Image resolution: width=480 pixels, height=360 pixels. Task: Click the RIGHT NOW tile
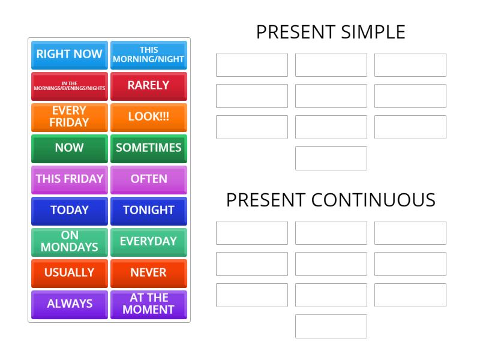coord(70,55)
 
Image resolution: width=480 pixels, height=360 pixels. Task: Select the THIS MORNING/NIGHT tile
coord(149,55)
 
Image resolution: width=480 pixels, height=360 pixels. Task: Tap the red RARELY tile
coord(149,86)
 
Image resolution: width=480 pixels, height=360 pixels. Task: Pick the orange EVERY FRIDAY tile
coord(70,117)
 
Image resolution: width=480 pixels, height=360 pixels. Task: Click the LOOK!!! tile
coord(149,117)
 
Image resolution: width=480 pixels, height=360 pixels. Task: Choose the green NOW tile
coord(70,148)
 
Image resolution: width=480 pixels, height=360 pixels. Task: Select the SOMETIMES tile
coord(149,148)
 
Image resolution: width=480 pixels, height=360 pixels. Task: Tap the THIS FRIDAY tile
coord(70,179)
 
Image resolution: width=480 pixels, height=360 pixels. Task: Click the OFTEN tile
coord(149,179)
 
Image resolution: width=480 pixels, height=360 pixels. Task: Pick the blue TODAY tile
coord(70,211)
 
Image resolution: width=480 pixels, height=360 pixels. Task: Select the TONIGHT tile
coord(149,211)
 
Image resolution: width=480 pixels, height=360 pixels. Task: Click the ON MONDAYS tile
coord(70,242)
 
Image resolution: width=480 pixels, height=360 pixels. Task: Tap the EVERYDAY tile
coord(149,242)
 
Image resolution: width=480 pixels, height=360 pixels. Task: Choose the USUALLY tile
coord(70,273)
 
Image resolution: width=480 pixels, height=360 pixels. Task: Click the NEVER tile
coord(149,273)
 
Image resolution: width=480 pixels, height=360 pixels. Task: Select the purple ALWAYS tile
coord(70,304)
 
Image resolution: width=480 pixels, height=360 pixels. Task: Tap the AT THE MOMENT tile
coord(149,304)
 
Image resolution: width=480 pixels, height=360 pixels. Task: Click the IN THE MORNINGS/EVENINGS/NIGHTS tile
coord(70,86)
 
